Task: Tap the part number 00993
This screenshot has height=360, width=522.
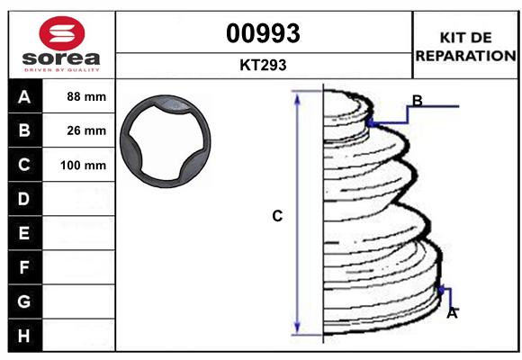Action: coord(263,33)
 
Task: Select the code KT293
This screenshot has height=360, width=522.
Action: coord(263,65)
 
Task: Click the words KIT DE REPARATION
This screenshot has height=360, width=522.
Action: coord(464,47)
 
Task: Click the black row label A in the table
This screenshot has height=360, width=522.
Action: coord(23,96)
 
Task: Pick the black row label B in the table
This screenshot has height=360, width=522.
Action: coord(23,130)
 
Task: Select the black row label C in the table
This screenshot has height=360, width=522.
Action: coord(23,165)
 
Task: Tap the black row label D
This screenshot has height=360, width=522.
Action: coord(23,199)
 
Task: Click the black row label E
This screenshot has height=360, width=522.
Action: coord(23,233)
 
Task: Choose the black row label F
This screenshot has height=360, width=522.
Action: coord(23,266)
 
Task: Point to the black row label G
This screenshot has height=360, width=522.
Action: coord(23,301)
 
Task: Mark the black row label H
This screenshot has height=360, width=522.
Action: coord(23,335)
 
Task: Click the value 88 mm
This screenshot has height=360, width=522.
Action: coord(86,96)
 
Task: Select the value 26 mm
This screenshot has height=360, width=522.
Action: coord(86,130)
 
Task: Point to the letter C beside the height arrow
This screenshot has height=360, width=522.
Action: coord(277,216)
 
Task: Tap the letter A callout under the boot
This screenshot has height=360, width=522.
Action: coord(452,313)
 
